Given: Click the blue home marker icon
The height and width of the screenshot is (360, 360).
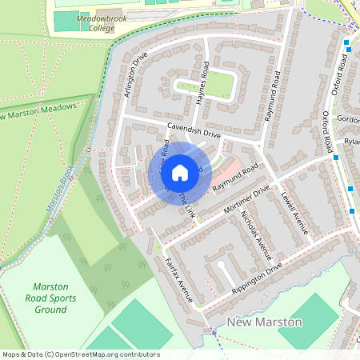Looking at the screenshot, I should tap(179, 172).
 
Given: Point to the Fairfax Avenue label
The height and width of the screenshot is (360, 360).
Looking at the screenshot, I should tap(179, 279).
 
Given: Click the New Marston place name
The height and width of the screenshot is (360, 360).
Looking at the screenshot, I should tap(264, 322).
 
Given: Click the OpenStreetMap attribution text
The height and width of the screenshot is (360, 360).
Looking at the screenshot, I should tap(80, 354).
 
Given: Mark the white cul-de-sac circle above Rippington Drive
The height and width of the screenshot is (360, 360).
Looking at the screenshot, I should tap(221, 263).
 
